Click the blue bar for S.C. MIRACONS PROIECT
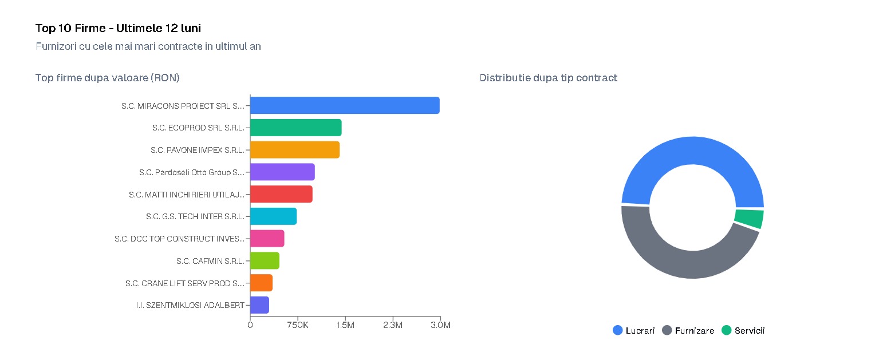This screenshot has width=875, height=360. coord(345,105)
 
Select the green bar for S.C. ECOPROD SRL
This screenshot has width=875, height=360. coord(295,128)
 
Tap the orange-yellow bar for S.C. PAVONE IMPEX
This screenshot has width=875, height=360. coord(295,150)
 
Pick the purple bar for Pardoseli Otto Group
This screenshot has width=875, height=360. coord(282,172)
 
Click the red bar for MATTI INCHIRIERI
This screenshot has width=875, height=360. coord(281,194)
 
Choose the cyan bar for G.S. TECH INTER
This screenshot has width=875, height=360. coord(274,216)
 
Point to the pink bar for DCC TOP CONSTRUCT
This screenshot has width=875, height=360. coord(267,239)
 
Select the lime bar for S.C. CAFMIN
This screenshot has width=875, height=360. coord(265,260)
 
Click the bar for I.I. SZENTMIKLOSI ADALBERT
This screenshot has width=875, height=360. coord(260,305)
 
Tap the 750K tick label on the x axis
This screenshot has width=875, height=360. coord(298,325)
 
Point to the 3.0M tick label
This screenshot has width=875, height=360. coord(440,325)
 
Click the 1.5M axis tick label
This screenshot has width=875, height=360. coord(345,325)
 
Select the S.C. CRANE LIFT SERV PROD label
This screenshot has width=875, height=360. coord(185,283)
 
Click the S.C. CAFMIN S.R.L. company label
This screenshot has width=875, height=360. coord(211,261)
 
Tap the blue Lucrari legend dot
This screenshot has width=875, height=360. coord(617,330)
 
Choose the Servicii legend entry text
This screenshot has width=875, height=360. coord(750,331)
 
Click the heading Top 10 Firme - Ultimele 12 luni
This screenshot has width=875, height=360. coord(118,28)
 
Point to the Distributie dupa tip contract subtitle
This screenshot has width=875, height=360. coord(549,78)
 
